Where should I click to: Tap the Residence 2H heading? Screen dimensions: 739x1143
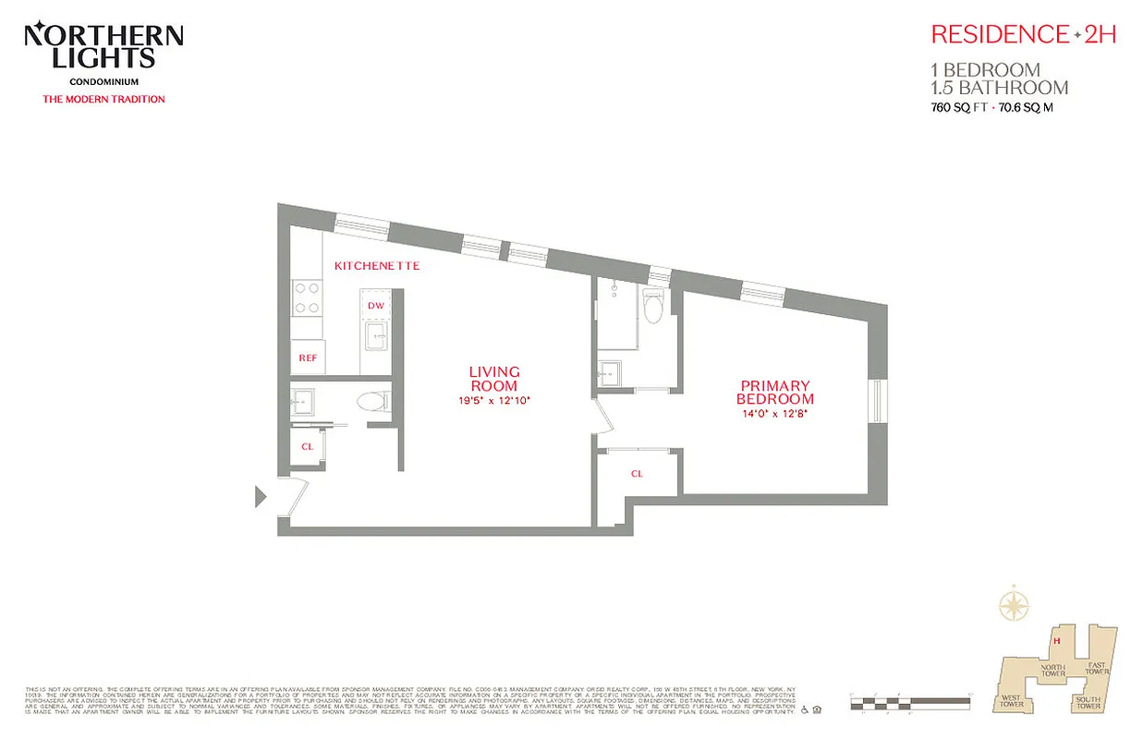click(1024, 35)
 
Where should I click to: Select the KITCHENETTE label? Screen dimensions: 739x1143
click(377, 266)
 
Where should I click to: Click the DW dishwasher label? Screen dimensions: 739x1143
click(375, 306)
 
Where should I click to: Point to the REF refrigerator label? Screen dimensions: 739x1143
click(307, 357)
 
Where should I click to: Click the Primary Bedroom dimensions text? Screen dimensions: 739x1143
click(774, 413)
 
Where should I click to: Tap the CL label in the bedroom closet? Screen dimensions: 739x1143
click(637, 474)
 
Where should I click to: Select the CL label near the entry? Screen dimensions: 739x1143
click(307, 446)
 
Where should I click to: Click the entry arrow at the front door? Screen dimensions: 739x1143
click(261, 498)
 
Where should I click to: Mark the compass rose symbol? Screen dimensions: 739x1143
click(1015, 607)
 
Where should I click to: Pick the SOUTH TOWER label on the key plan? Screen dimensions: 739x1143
click(1088, 704)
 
